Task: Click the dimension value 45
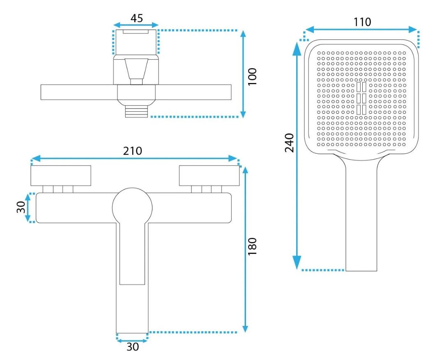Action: coord(136,18)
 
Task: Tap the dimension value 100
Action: coord(252,76)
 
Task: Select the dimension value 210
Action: coord(133,151)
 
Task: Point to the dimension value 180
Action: coord(252,246)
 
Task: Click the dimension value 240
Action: coord(289,143)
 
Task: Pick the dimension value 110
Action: coord(362,22)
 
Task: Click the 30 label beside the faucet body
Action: coord(21,207)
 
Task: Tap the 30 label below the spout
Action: coord(133,346)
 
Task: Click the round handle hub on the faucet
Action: coord(132,208)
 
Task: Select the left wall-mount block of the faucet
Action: coord(61,175)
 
